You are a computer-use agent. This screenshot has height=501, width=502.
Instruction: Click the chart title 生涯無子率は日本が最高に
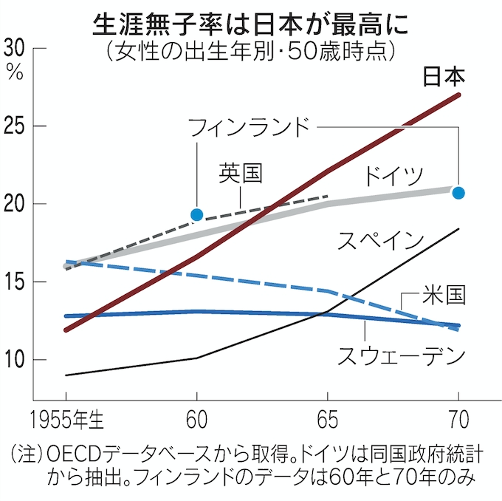point(250,24)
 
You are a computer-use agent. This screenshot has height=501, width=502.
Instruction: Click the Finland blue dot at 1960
point(197,214)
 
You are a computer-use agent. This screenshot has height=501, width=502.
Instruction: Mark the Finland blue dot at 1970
point(458,193)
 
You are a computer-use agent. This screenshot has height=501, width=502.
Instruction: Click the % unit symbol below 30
point(14,71)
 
